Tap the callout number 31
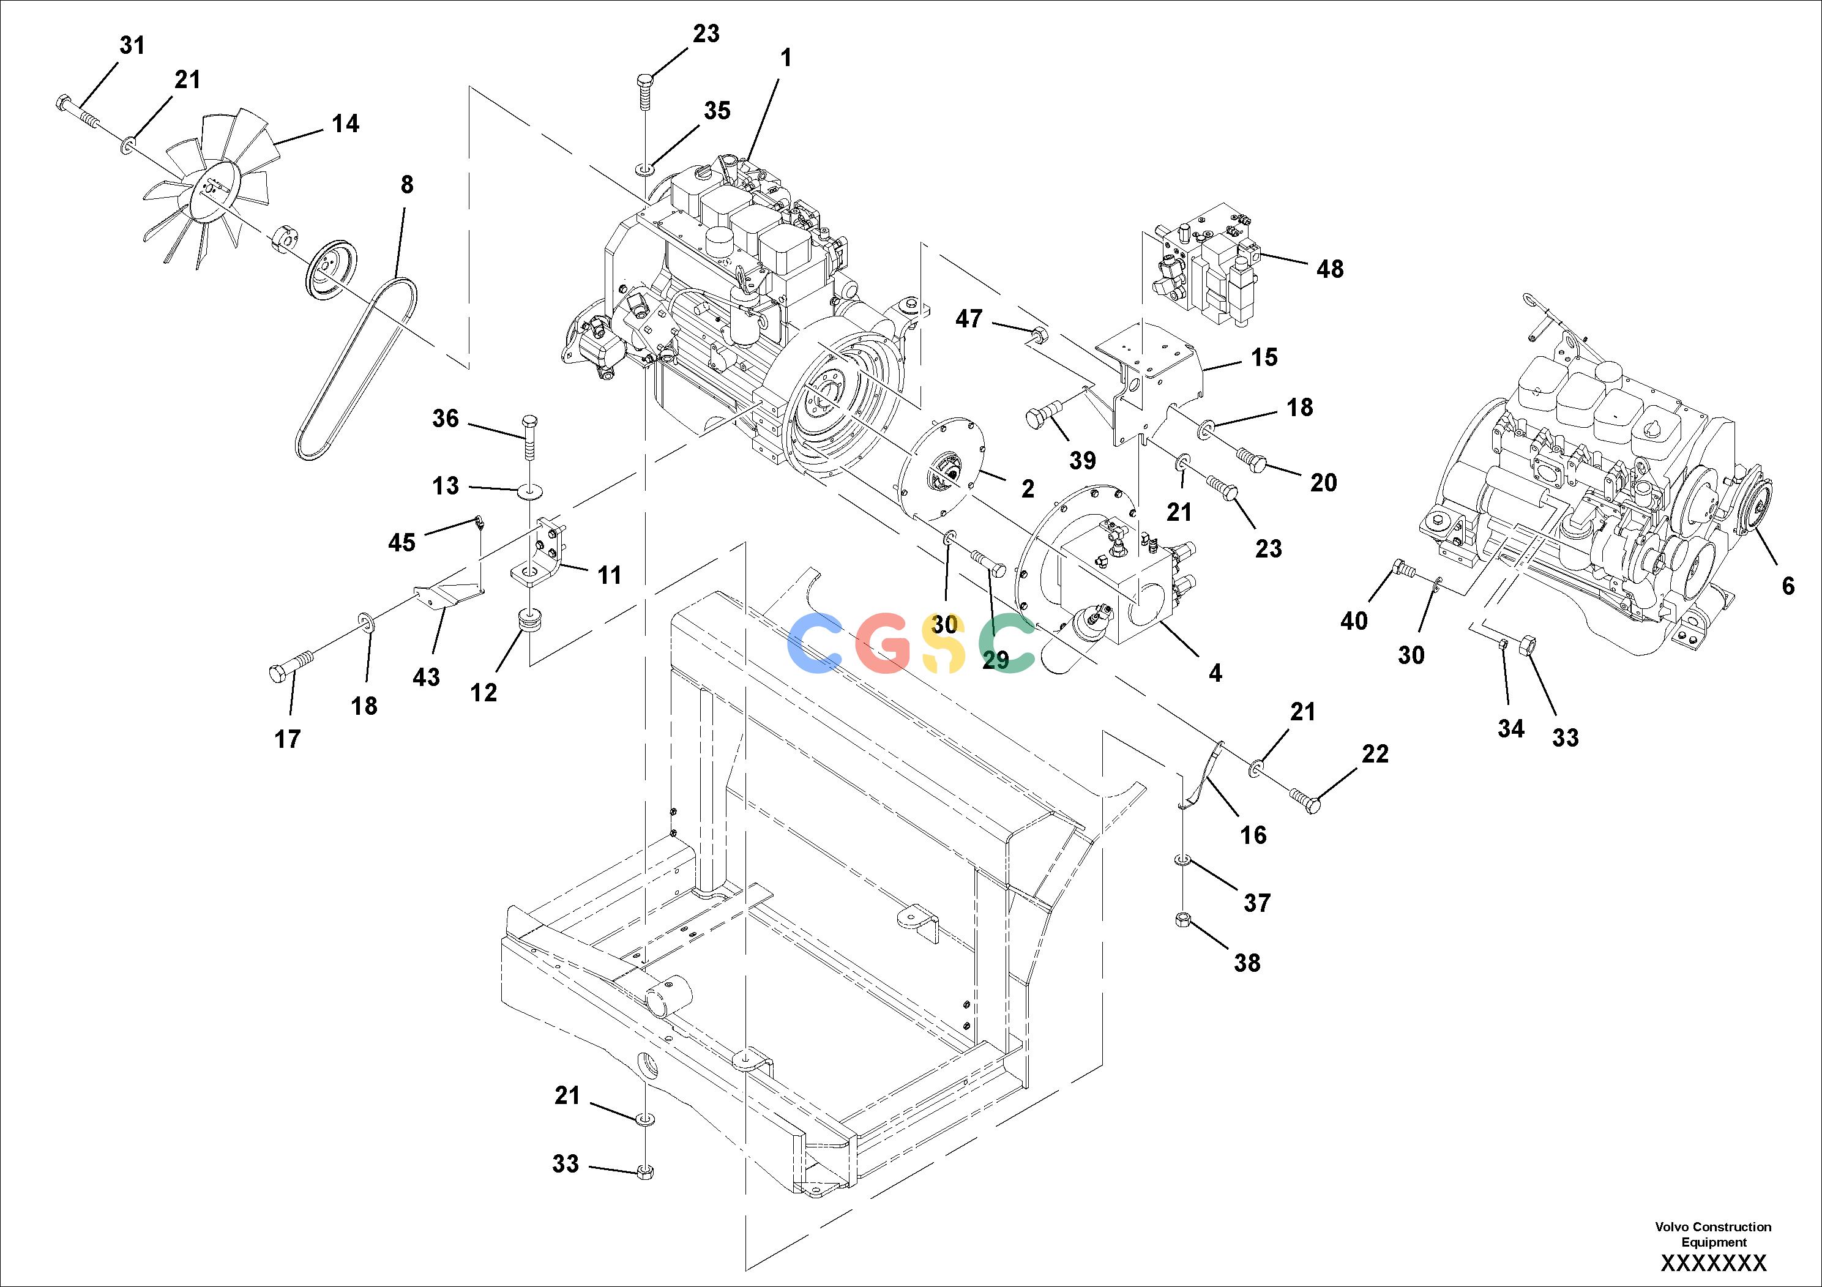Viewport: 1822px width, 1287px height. [x=133, y=46]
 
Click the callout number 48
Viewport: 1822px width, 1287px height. [x=1330, y=269]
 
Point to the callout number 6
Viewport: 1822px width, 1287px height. [x=1788, y=586]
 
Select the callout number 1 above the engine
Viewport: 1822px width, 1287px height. [x=786, y=58]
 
